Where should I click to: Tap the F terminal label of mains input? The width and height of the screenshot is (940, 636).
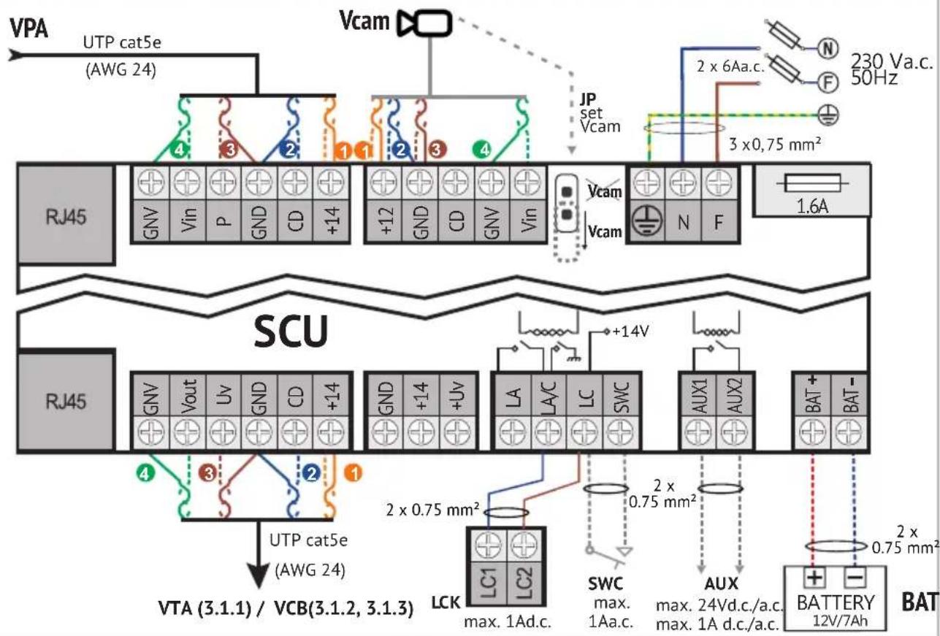click(719, 222)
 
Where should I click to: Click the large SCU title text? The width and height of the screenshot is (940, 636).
click(290, 334)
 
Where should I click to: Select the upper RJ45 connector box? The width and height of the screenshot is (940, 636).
click(65, 215)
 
